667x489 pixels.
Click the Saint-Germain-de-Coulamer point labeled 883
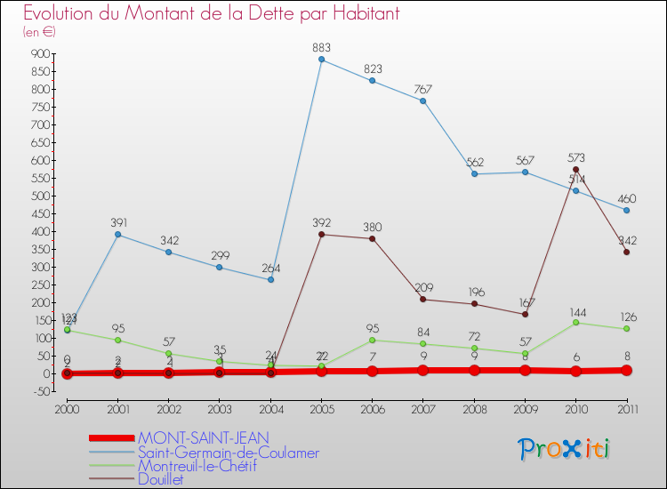pos(321,60)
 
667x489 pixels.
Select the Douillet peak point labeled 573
pos(575,169)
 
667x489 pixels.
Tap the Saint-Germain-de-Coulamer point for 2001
pos(117,235)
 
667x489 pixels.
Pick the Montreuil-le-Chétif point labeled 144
pos(575,322)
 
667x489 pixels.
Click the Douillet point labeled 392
pos(321,234)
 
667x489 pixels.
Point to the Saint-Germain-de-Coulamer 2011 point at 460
pos(626,210)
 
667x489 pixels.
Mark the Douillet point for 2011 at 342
pos(626,252)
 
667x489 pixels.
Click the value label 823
pos(372,68)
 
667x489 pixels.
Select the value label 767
pos(422,89)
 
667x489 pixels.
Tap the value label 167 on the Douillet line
pos(525,301)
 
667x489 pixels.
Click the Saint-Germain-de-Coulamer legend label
pos(228,452)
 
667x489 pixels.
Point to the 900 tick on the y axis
pos(38,53)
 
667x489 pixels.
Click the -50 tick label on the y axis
pos(38,391)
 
